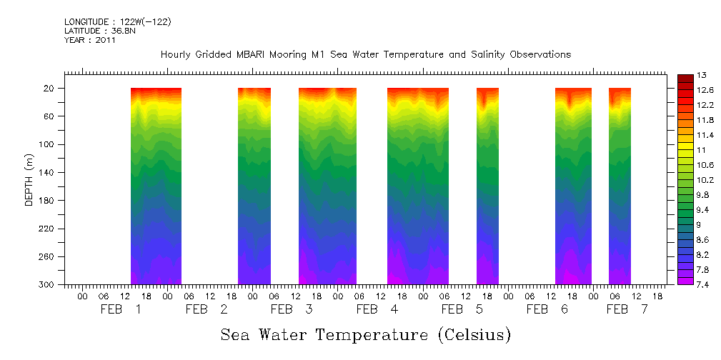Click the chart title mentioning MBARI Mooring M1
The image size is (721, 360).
tap(365, 55)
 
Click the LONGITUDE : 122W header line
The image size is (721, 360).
tap(118, 22)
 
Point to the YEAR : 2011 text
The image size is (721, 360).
tap(90, 41)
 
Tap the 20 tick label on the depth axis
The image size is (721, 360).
tap(51, 89)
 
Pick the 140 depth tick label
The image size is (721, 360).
tap(49, 173)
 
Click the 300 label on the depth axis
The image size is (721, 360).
tap(49, 285)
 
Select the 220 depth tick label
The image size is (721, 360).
tap(49, 229)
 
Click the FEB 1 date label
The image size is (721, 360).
tap(119, 309)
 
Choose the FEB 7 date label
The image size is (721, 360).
tap(627, 309)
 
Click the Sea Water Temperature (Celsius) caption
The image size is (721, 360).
tap(366, 335)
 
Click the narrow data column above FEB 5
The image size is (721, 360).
tap(487, 186)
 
